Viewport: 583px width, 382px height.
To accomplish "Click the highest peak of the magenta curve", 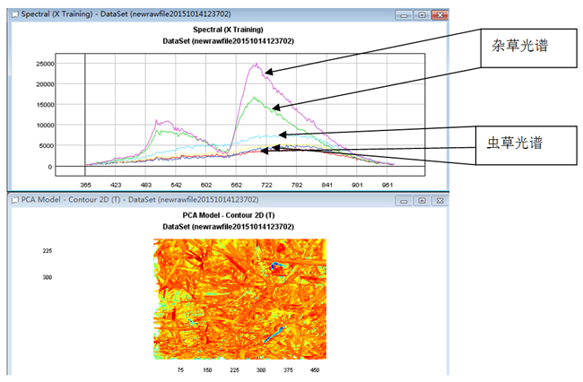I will click(x=257, y=64).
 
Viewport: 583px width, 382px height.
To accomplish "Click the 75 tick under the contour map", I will click(x=181, y=369).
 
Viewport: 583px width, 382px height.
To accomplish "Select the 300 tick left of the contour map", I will click(x=48, y=277).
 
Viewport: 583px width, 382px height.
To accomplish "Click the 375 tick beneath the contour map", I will click(x=289, y=369).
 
